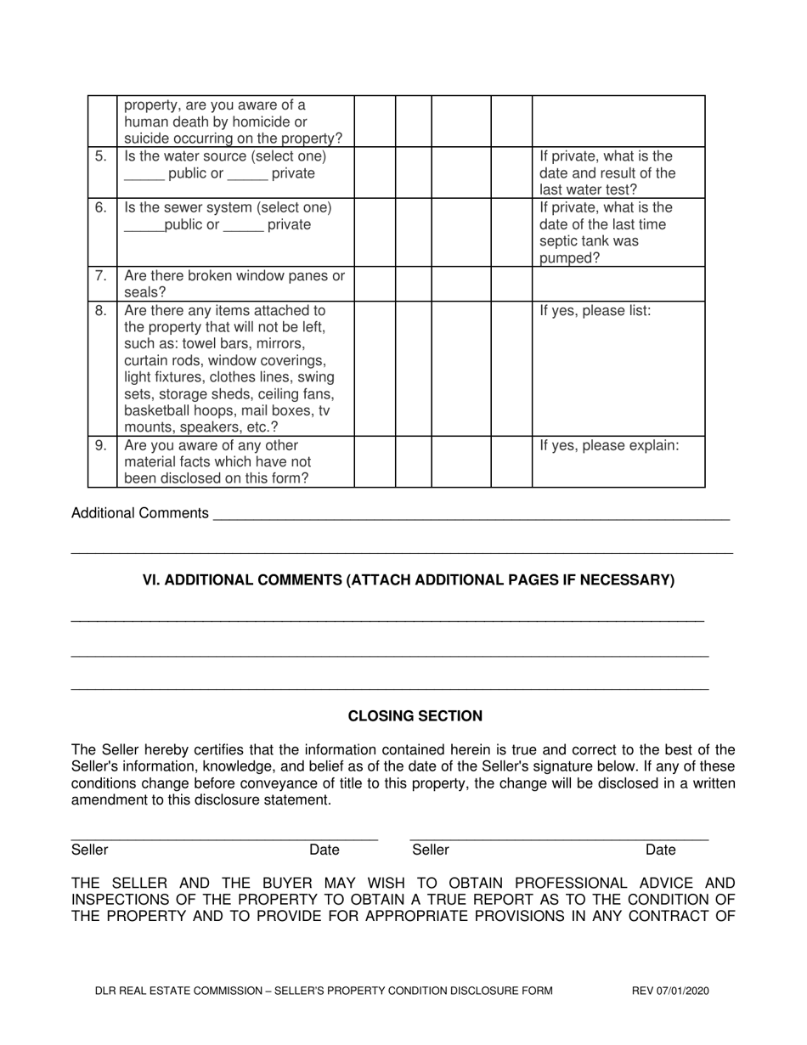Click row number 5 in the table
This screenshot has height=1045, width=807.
tap(101, 156)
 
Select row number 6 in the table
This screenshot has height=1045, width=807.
tap(101, 207)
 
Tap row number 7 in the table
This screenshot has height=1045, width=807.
tap(101, 275)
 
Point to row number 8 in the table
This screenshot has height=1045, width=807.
tap(101, 310)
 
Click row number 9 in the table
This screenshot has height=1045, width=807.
tap(101, 445)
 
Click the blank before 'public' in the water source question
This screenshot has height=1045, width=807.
tap(143, 175)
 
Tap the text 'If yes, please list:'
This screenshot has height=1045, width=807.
tap(595, 310)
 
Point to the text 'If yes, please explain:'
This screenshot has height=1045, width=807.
tap(609, 445)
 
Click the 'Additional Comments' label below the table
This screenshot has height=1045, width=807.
tap(140, 513)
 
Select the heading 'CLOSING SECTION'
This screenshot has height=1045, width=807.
tap(415, 716)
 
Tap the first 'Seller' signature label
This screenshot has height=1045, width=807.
tap(89, 850)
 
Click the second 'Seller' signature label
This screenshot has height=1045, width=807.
tap(430, 850)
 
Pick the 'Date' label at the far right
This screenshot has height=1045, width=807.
tap(661, 850)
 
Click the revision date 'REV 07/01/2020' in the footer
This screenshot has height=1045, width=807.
tap(670, 990)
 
